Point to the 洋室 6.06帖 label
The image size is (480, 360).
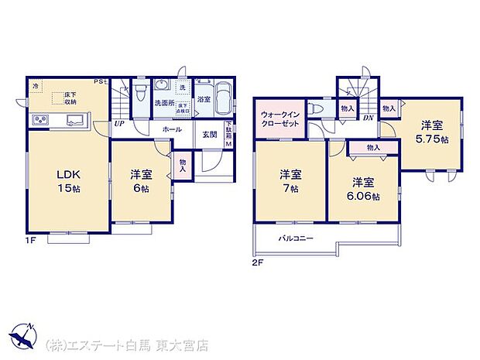(x=364, y=190)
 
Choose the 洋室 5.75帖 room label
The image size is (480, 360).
(x=431, y=131)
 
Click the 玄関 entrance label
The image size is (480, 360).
(x=210, y=135)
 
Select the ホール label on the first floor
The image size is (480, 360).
(x=172, y=131)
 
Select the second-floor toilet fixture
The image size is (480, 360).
(x=317, y=110)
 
